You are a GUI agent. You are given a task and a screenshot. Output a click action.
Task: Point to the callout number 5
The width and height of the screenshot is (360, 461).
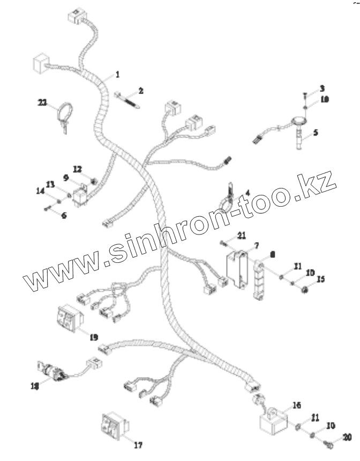click(316, 132)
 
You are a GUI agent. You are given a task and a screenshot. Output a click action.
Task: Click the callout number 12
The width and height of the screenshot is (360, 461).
click(77, 169)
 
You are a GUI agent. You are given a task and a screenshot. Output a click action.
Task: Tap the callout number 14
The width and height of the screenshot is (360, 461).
click(40, 190)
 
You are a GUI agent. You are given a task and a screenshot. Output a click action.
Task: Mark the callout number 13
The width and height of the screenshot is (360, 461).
click(50, 185)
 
